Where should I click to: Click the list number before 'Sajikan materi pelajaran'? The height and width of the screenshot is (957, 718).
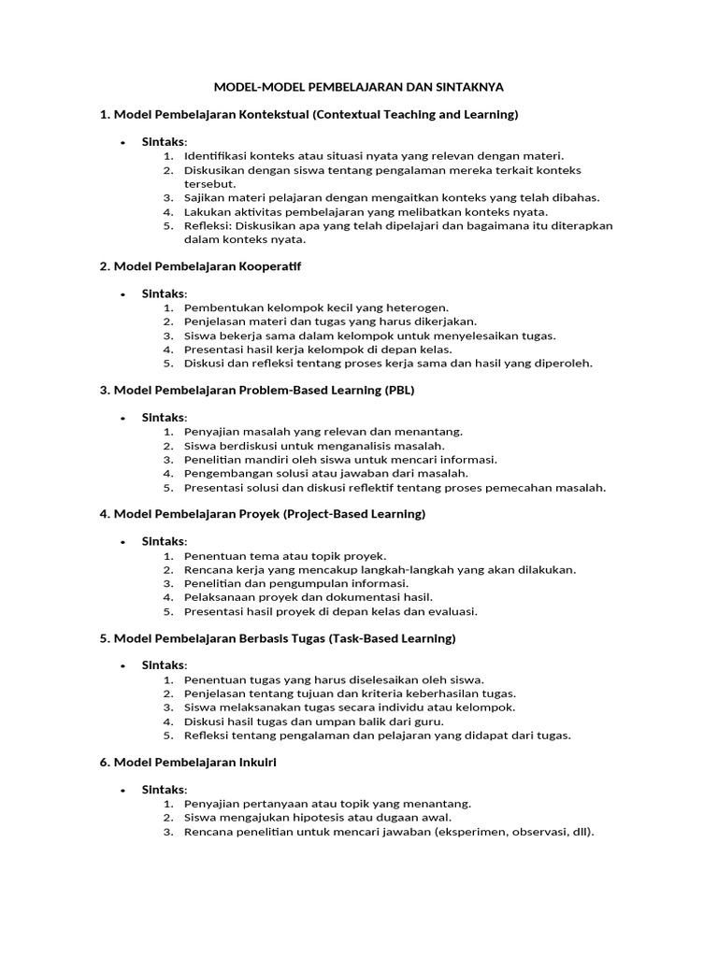click(167, 197)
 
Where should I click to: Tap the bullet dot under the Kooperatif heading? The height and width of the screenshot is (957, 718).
click(122, 294)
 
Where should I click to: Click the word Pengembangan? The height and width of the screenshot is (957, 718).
click(227, 474)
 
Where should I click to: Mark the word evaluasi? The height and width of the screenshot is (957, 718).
click(452, 611)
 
